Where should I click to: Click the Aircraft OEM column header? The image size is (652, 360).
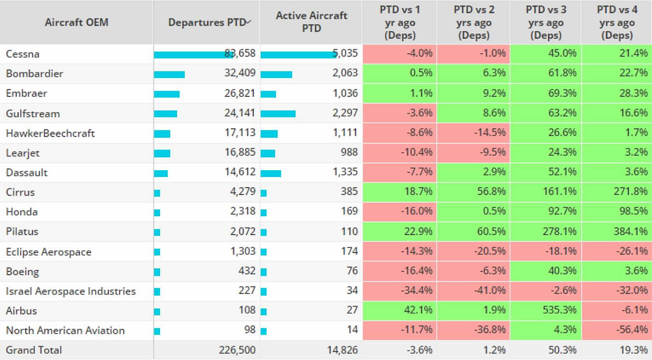76,22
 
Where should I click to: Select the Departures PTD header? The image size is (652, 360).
207,22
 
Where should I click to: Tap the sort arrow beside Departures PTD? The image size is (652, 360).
248,22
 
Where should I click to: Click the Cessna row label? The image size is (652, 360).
23,54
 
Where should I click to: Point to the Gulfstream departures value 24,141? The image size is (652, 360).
240,114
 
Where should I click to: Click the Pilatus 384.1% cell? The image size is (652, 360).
630,231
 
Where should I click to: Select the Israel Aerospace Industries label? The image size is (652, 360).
71,291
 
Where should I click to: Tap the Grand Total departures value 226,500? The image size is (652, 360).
238,350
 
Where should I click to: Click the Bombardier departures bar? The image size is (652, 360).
170,74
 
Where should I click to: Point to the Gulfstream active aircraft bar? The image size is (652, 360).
278,114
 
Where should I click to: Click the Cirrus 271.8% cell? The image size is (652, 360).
630,192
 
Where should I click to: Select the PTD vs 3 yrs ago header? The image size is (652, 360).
545,23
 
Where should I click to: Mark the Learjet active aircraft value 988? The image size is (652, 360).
349,153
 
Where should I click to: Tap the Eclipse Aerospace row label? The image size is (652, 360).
48,252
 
